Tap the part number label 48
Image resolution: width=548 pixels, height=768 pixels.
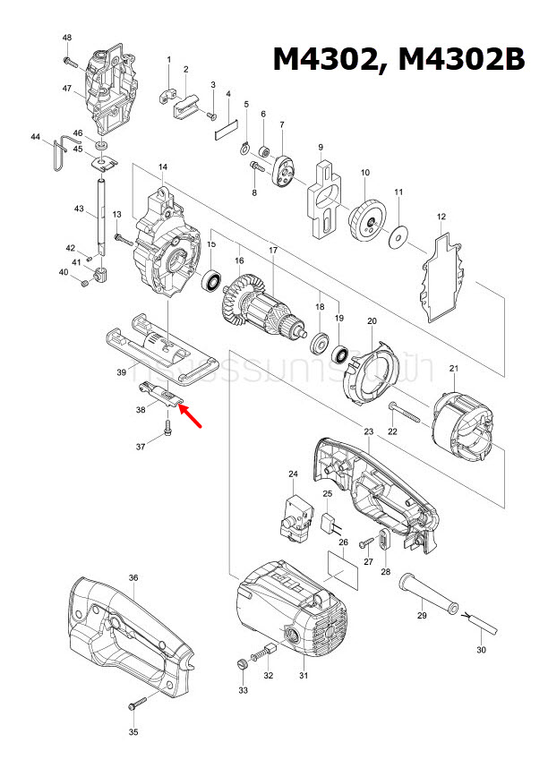pos(67,38)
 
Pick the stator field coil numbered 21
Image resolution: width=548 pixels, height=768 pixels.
pos(464,429)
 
